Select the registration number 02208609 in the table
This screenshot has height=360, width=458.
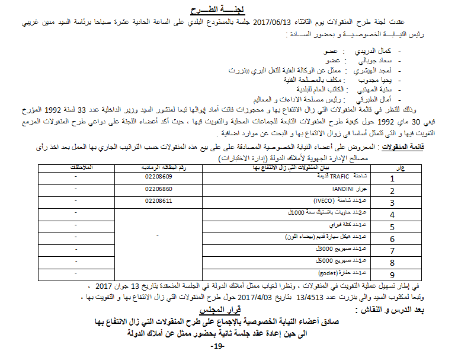point(159,177)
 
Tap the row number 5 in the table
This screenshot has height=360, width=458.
point(391,227)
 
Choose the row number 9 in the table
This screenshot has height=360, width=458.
point(391,273)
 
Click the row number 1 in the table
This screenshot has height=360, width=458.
point(391,178)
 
